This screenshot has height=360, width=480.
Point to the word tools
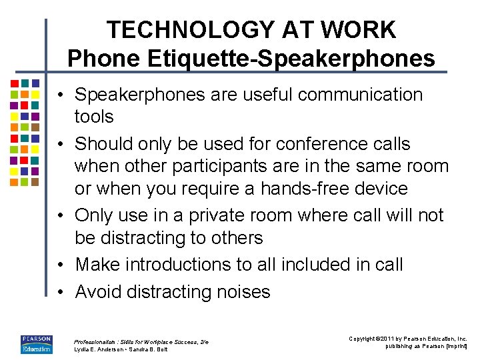[94, 117]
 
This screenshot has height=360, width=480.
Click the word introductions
[193, 264]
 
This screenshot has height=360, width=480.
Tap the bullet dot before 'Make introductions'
[61, 264]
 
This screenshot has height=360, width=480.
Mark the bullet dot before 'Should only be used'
[61, 143]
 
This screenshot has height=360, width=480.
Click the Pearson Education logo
[36, 343]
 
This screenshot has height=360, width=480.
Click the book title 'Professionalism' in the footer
[99, 341]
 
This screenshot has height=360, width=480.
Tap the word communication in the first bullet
[360, 95]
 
